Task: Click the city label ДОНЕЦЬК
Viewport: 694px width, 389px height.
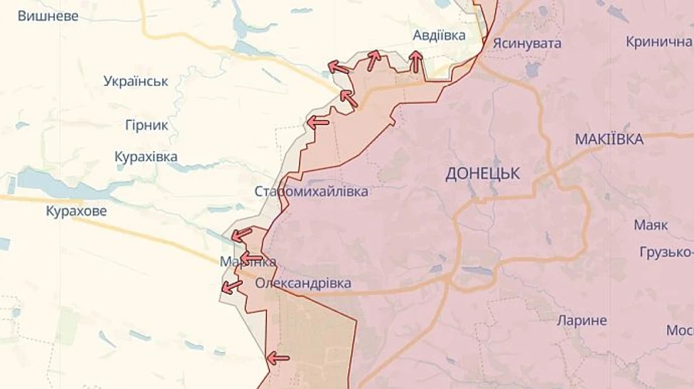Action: (x=482, y=174)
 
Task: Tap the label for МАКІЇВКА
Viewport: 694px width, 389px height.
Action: (x=608, y=139)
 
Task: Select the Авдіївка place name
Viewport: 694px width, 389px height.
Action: (x=439, y=35)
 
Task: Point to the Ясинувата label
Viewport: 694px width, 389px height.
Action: (x=527, y=43)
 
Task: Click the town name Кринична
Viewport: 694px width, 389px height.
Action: (x=659, y=42)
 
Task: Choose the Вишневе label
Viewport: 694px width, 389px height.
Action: (x=48, y=15)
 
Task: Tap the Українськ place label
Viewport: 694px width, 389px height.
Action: (x=136, y=81)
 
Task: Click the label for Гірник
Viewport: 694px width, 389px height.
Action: (x=147, y=125)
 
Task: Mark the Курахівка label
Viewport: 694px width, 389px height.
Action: (x=146, y=157)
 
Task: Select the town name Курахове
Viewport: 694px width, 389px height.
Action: (x=76, y=211)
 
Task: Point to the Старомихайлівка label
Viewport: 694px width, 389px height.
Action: (x=312, y=191)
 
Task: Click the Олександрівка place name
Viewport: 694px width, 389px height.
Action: (x=303, y=283)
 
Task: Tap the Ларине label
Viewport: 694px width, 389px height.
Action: (x=582, y=320)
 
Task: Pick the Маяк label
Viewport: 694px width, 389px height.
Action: (x=651, y=225)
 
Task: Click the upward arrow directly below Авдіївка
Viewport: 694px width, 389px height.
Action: (x=416, y=62)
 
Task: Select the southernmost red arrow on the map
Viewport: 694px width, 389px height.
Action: (x=278, y=357)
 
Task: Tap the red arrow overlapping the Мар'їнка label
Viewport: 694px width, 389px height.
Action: (x=251, y=258)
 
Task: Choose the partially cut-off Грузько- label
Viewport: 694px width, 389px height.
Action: (x=665, y=252)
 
